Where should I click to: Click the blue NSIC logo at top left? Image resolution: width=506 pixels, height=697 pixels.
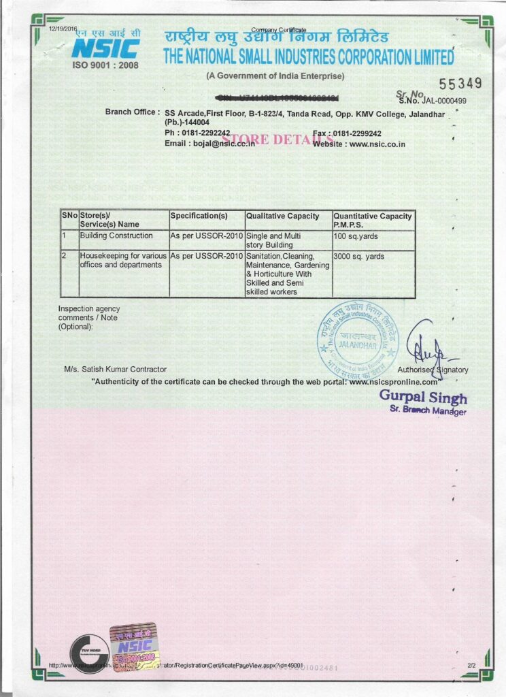[105, 48]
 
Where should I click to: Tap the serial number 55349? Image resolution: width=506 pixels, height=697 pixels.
[460, 84]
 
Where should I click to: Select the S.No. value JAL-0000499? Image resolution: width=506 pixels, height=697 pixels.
[441, 101]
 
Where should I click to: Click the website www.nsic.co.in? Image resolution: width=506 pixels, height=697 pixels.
[377, 144]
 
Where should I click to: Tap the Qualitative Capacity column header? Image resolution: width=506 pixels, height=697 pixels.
[282, 216]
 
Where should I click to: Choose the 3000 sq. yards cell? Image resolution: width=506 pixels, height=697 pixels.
[359, 257]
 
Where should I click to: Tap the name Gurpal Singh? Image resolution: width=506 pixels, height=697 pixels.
[423, 398]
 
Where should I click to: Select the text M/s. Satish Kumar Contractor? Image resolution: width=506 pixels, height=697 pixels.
[115, 369]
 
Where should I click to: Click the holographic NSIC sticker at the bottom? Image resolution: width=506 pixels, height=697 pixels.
[135, 647]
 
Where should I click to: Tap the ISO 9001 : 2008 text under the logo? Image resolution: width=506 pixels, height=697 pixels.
[105, 65]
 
